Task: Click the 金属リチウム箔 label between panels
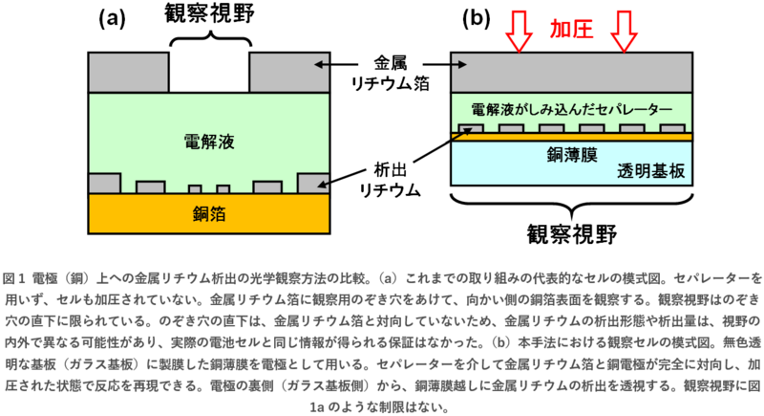(387, 74)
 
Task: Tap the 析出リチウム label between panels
(387, 178)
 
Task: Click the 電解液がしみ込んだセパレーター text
(571, 107)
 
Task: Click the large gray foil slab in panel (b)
(571, 72)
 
